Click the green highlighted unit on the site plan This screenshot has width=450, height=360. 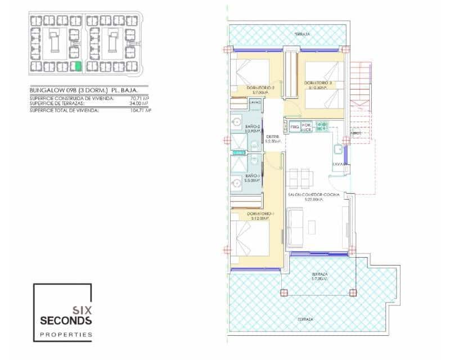point(78,66)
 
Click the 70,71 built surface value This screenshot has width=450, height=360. point(138,98)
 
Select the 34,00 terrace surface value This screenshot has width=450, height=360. point(138,103)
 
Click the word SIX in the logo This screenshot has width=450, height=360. point(80,309)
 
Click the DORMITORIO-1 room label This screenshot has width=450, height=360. point(249,214)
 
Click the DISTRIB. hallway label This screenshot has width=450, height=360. point(273,137)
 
